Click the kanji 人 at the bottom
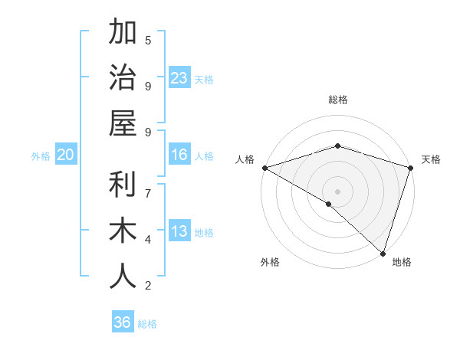[x=123, y=277]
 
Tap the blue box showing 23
[x=179, y=78]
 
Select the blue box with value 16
[x=179, y=155]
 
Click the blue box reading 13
[x=179, y=232]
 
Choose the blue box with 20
[x=66, y=155]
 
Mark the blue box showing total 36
[x=123, y=322]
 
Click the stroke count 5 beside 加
[x=148, y=40]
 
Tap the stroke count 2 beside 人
[x=148, y=286]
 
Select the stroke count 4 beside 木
[x=148, y=240]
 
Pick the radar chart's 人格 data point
[x=264, y=168]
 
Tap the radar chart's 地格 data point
[x=383, y=253]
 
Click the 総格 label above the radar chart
[x=338, y=100]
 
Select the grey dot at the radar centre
[x=337, y=191]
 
